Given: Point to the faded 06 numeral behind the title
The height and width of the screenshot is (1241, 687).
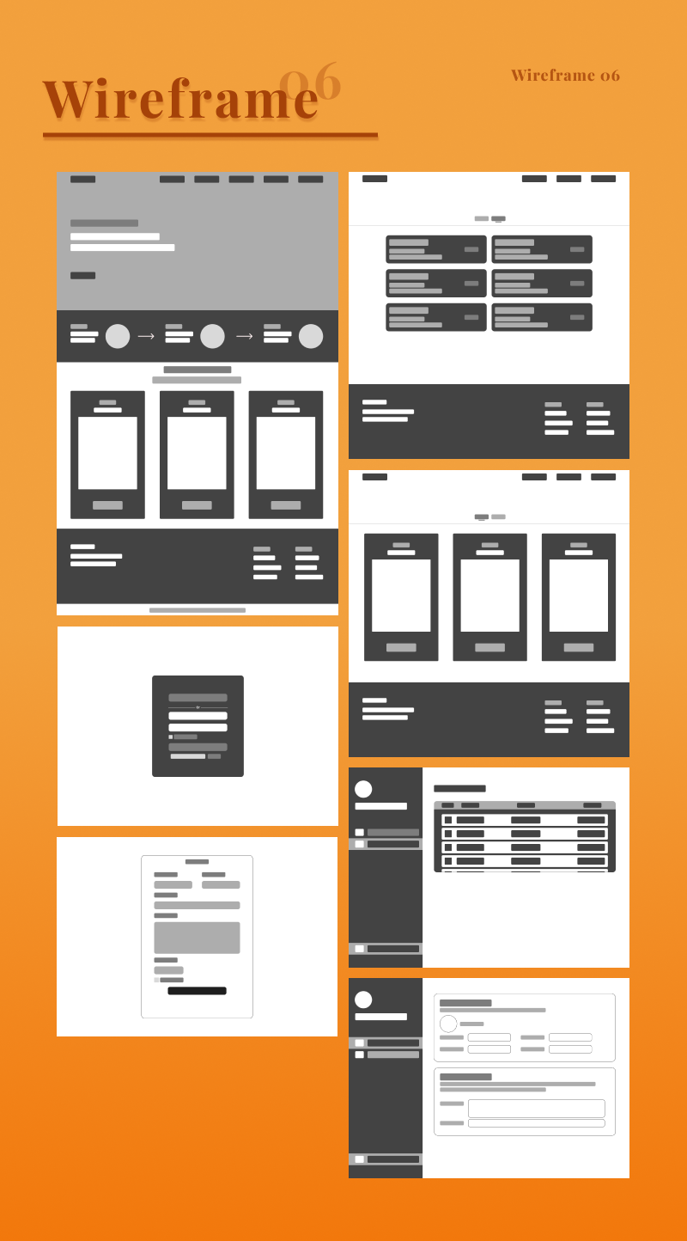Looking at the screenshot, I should coord(311,83).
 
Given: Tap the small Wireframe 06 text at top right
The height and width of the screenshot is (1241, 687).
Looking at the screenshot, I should coord(565,76).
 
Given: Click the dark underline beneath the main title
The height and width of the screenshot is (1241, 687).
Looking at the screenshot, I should coord(210,135).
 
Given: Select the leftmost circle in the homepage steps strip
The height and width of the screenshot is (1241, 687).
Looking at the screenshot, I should coord(118,337).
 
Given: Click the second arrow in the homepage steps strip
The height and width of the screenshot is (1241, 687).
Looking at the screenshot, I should coord(244,337).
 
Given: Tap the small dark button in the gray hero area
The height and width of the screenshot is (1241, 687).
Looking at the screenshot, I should coord(82,276).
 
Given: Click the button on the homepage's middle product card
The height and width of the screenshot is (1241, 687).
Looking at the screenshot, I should coord(197,505).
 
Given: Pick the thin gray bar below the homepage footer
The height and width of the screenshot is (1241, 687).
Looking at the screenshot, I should coord(198,610).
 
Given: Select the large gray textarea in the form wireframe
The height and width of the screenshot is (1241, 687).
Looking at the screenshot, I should coord(197,938).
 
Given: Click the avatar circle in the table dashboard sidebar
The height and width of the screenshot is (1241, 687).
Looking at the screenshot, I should coord(363,789).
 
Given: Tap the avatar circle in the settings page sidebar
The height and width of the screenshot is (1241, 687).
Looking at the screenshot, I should coord(363,1000).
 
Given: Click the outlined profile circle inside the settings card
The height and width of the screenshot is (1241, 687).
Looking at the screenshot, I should coord(448,1024).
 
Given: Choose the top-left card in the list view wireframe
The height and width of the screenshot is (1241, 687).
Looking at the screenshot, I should coord(436,249).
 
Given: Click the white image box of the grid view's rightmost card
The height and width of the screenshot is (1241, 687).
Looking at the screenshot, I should coord(579,596).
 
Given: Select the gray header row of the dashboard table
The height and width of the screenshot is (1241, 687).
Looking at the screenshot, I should coord(525,805).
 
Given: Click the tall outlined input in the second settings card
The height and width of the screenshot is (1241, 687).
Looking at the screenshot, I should coord(536,1108).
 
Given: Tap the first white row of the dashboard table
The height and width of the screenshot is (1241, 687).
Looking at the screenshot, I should coord(525,820).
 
